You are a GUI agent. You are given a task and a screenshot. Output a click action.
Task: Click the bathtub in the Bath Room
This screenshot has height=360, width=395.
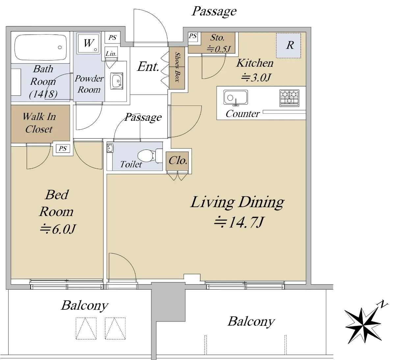point(40,47)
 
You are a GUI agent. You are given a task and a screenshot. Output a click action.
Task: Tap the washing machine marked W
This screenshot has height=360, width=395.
point(88,43)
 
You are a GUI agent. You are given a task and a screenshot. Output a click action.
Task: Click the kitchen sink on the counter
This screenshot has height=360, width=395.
point(235,98)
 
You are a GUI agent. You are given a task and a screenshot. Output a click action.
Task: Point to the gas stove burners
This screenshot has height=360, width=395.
point(289,98)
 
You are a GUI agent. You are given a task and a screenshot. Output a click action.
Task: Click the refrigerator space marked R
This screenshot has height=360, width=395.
point(288,45)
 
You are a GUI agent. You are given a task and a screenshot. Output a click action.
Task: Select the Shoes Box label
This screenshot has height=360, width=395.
point(177,67)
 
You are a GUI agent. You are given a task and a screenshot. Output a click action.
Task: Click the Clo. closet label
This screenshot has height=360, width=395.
point(178,160)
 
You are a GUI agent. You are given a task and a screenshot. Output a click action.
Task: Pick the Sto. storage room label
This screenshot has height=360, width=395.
point(217,37)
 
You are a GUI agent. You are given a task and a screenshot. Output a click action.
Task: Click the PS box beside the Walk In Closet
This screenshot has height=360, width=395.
point(63,149)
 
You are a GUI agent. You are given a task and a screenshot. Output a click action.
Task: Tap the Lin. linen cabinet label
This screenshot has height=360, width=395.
point(111,54)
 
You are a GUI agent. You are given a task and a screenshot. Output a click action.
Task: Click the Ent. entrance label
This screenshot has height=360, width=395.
point(148,67)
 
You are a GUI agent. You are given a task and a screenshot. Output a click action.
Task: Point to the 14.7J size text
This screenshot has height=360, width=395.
point(239,222)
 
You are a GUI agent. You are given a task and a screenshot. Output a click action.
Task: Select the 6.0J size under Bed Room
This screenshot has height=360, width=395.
point(58,229)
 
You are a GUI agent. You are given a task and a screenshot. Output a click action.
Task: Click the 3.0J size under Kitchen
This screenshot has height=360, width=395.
point(256,77)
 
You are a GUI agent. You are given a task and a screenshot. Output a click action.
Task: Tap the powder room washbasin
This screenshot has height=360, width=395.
point(117,81)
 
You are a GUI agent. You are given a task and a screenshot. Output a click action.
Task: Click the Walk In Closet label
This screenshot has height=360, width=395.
point(39,123)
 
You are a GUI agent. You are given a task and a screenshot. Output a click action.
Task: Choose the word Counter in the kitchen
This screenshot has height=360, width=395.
point(243,114)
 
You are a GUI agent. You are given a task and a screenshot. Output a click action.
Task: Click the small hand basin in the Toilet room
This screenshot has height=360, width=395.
point(110,148)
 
